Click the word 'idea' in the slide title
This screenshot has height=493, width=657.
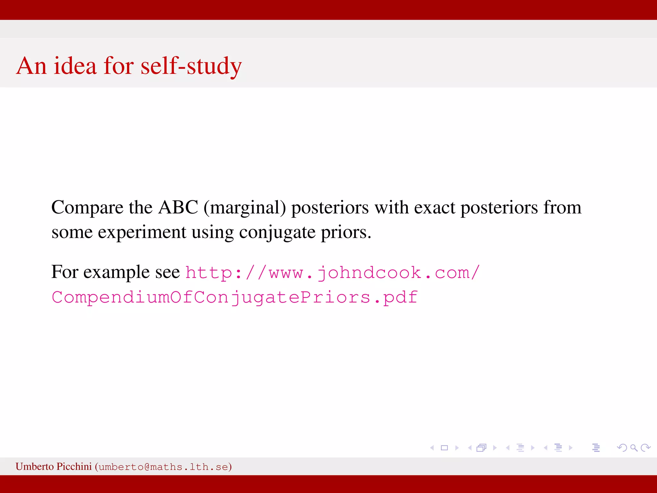75,66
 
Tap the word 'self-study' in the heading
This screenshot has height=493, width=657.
191,66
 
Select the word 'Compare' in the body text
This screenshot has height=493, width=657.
87,208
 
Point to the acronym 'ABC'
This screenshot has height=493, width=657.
178,207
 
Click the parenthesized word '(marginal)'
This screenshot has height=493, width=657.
245,208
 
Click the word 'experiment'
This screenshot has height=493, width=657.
142,232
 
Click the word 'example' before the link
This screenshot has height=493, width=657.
117,272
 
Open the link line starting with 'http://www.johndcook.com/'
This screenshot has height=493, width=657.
332,273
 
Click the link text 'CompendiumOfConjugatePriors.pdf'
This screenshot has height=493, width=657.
235,297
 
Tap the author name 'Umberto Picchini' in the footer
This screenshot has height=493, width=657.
54,466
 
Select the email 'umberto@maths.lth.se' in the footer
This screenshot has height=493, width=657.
163,467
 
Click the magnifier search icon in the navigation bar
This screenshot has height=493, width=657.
634,448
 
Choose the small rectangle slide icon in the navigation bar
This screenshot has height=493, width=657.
444,448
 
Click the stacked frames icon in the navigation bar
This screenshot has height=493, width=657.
482,448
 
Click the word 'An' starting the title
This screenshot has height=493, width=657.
31,66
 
